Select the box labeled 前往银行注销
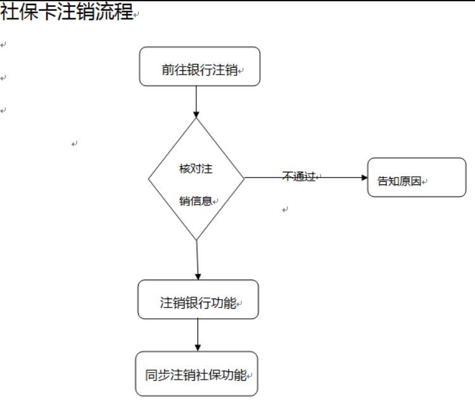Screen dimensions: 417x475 [x=199, y=67]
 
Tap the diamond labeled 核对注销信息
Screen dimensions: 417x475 [x=196, y=179]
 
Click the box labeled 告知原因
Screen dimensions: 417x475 [x=416, y=177]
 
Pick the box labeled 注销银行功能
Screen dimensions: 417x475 [x=198, y=300]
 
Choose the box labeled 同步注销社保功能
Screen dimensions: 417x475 [x=197, y=374]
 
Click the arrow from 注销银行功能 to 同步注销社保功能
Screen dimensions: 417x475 [x=198, y=332]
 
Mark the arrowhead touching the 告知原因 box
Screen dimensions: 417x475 [x=364, y=177]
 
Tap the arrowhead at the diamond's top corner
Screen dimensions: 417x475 [x=196, y=114]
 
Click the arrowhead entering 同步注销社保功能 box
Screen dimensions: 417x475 [x=198, y=347]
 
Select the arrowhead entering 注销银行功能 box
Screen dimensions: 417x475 [x=198, y=276]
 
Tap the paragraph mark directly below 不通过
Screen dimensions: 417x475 [x=285, y=209]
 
